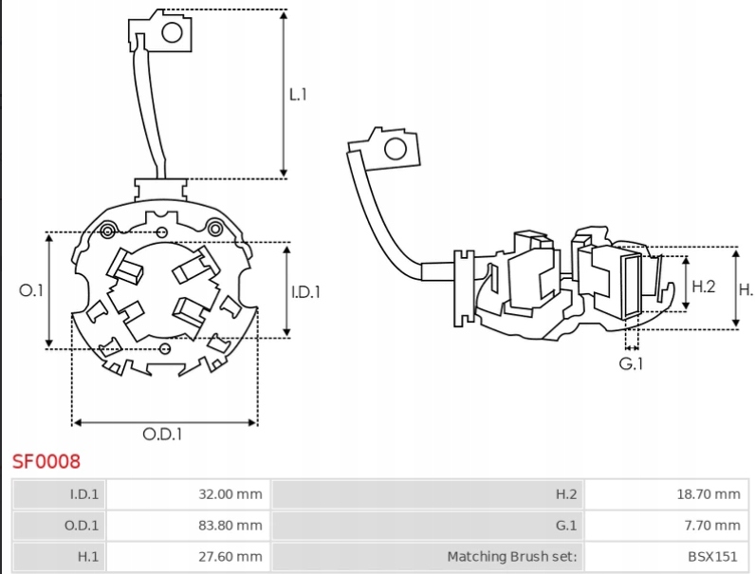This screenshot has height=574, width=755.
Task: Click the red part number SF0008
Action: (x=46, y=462)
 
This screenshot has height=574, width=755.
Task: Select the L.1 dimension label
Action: (x=298, y=94)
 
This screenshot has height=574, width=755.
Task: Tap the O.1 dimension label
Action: (x=32, y=290)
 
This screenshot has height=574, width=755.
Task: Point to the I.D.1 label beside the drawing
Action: (x=306, y=291)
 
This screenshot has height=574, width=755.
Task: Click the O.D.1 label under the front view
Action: (x=162, y=434)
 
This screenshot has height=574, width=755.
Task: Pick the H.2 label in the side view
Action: (x=702, y=285)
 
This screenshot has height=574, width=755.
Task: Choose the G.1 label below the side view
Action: (x=632, y=362)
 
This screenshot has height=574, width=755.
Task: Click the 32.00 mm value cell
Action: (x=230, y=493)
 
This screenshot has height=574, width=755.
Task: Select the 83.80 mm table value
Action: (x=230, y=525)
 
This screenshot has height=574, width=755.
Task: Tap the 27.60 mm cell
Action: (x=230, y=556)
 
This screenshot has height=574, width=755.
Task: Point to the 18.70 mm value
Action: (x=708, y=493)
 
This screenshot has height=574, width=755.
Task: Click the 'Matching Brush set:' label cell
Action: (x=511, y=556)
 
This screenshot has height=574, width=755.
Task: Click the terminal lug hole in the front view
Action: (x=173, y=34)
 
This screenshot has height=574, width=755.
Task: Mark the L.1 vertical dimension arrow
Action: (x=284, y=93)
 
